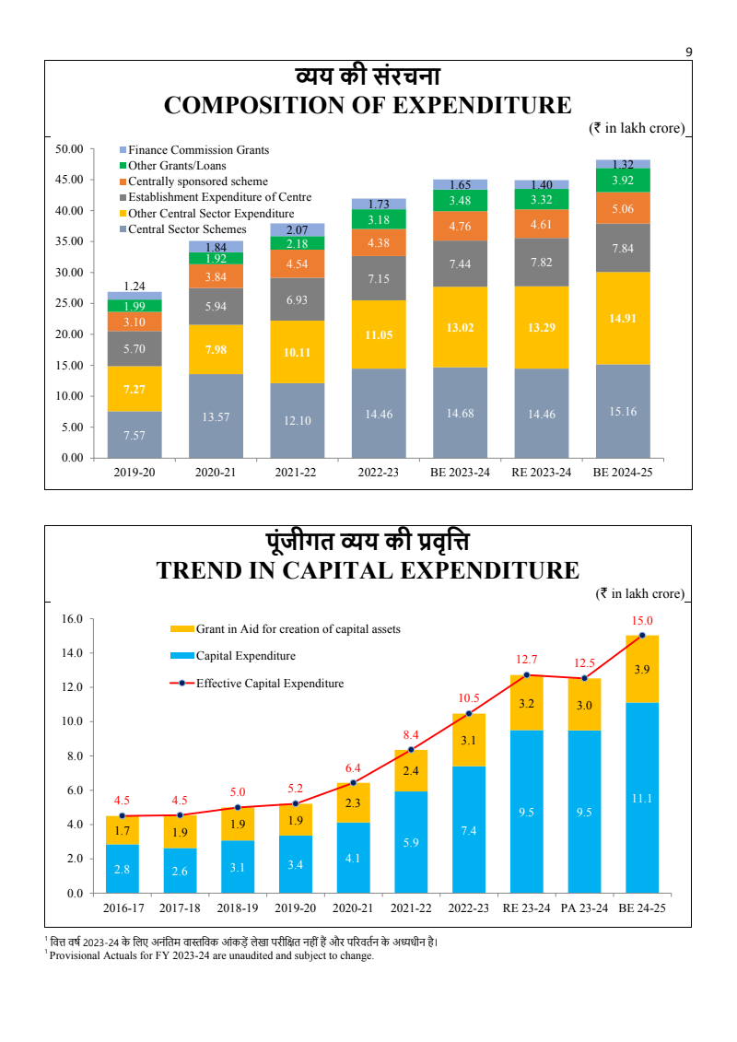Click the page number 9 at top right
[x=688, y=52]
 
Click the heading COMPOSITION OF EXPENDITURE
[x=368, y=105]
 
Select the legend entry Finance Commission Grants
[x=198, y=149]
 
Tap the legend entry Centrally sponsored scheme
[x=198, y=181]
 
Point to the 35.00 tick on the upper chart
[x=70, y=241]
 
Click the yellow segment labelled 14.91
[x=623, y=318]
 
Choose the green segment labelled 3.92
[x=623, y=181]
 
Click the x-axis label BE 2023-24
[x=461, y=472]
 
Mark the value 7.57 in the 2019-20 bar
[x=135, y=435]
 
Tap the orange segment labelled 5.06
[x=623, y=208]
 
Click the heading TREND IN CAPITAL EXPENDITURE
[x=368, y=570]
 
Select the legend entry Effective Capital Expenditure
[x=269, y=684]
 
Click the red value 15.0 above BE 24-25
[x=642, y=621]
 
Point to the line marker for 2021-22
[x=411, y=749]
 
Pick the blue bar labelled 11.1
[x=642, y=798]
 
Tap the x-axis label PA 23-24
[x=584, y=907]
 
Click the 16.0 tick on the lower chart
[x=72, y=618]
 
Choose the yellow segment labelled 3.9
[x=642, y=670]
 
